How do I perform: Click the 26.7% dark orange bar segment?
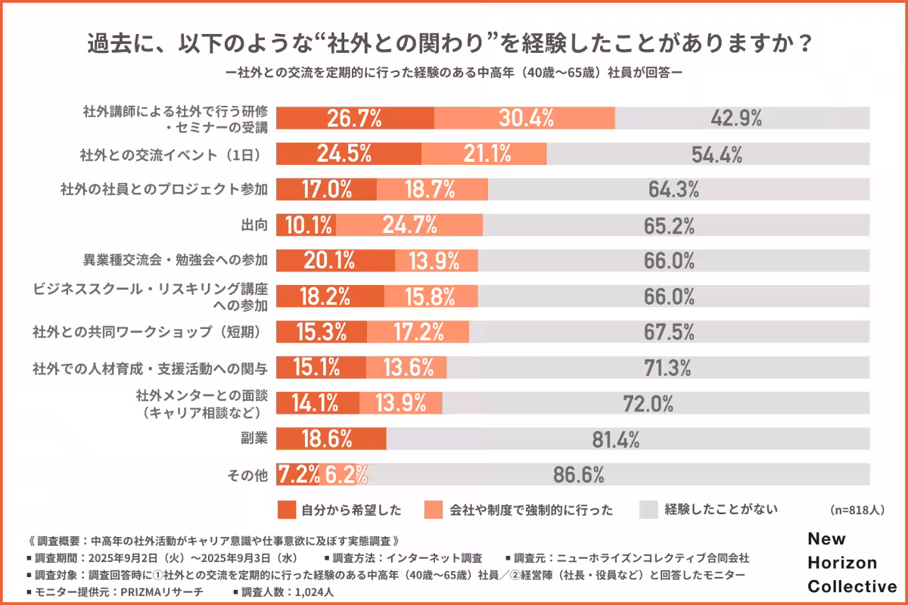[x=354, y=118]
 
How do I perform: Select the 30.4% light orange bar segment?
[x=525, y=118]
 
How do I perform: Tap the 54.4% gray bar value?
[x=717, y=154]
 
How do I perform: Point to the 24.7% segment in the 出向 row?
[x=409, y=225]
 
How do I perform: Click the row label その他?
[x=247, y=475]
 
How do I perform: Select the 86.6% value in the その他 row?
[x=578, y=475]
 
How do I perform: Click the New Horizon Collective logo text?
[x=851, y=563]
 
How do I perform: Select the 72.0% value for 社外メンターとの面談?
[x=648, y=403]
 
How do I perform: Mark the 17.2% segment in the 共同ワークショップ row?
[x=417, y=331]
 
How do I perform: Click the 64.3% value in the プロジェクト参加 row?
[x=673, y=189]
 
